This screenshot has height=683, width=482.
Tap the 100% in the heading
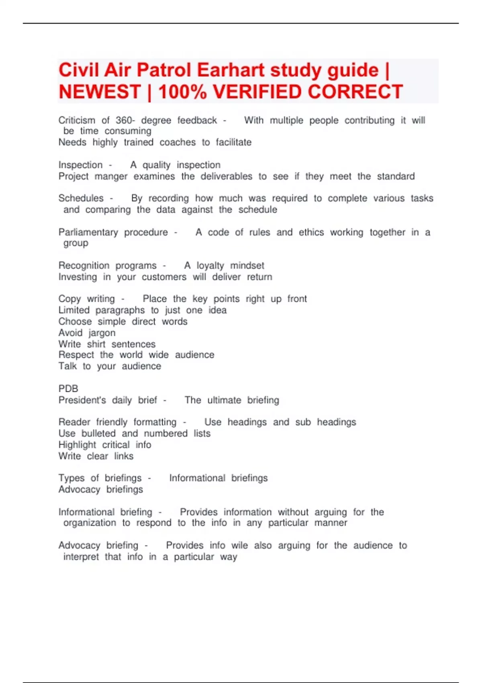click(x=182, y=92)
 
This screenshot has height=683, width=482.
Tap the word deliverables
click(x=227, y=176)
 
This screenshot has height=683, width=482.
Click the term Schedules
click(x=81, y=198)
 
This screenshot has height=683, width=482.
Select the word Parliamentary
click(x=88, y=232)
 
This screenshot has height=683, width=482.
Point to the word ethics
click(x=311, y=232)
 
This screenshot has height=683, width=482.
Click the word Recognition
click(x=84, y=266)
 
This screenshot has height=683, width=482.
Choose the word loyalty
click(x=210, y=266)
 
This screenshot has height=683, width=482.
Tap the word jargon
click(x=102, y=333)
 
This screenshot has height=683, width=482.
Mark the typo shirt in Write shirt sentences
click(x=96, y=344)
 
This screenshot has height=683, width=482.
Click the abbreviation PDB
click(x=68, y=389)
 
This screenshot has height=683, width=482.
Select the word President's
click(x=82, y=400)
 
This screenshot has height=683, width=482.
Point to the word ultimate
click(x=224, y=400)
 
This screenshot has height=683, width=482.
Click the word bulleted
click(x=98, y=434)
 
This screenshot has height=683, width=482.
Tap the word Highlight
click(x=77, y=445)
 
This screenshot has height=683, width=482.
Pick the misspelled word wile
click(x=239, y=546)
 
